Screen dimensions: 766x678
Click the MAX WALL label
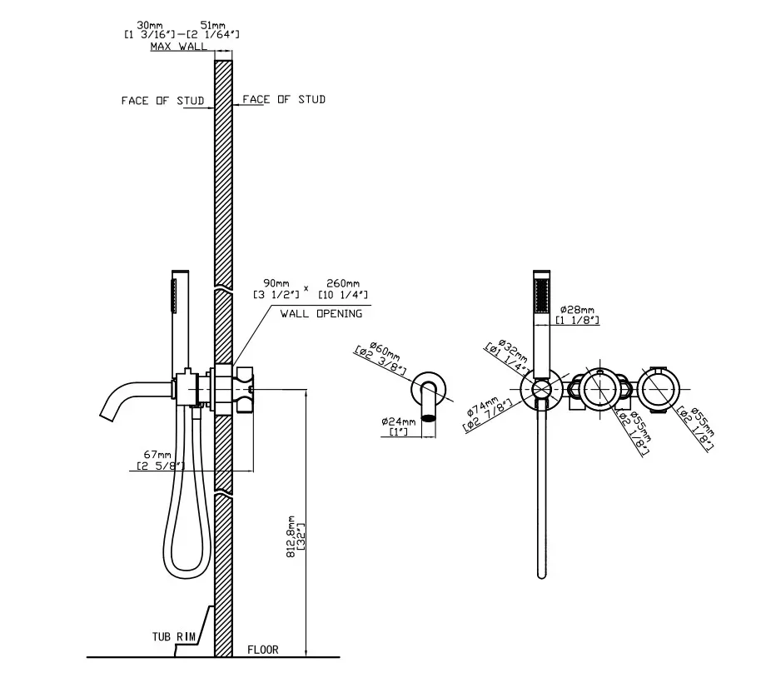pos(179,47)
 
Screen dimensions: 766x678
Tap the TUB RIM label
pos(173,636)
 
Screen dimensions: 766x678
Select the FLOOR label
pos(263,650)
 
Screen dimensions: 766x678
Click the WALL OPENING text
pos(321,314)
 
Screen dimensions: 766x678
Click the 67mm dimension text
pos(157,455)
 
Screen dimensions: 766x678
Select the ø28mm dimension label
pos(577,309)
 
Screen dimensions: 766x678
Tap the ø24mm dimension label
pos(399,421)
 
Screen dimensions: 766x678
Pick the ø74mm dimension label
pos(484,407)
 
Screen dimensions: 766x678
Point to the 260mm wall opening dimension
pos(343,283)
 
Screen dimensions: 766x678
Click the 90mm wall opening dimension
pos(276,283)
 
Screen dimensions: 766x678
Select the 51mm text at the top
pos(213,25)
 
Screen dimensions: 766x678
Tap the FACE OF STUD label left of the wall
pos(162,101)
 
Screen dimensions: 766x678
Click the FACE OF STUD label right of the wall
pos(284,99)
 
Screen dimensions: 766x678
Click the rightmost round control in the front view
pos(659,390)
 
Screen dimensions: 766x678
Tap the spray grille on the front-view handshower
pos(542,295)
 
